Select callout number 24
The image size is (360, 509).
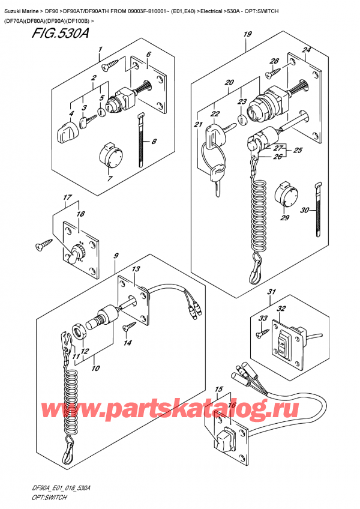pos(307,50)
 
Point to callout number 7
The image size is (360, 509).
pos(109,178)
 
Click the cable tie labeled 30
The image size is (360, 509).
pos(316,213)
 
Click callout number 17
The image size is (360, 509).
pos(66,198)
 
